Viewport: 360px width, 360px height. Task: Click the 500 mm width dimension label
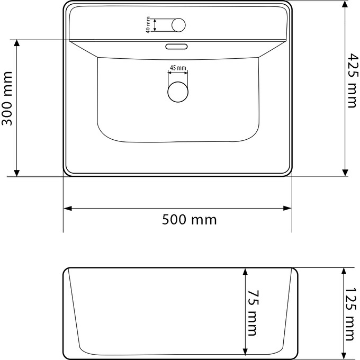pos(189,219)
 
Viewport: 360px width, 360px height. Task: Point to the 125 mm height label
pos(350,314)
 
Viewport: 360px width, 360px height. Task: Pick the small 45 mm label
pos(178,68)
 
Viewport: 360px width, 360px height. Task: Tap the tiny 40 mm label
pos(149,25)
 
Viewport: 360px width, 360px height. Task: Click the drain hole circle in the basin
pos(178,91)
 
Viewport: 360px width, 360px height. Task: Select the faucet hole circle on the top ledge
pos(178,25)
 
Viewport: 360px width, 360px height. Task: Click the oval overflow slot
pos(177,47)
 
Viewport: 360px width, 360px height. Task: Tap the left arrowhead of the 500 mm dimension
pos(68,209)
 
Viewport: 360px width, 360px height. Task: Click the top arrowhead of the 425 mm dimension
pos(345,5)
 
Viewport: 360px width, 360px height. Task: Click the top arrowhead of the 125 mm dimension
pos(345,271)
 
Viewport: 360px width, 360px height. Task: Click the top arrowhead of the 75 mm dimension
pos(245,272)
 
